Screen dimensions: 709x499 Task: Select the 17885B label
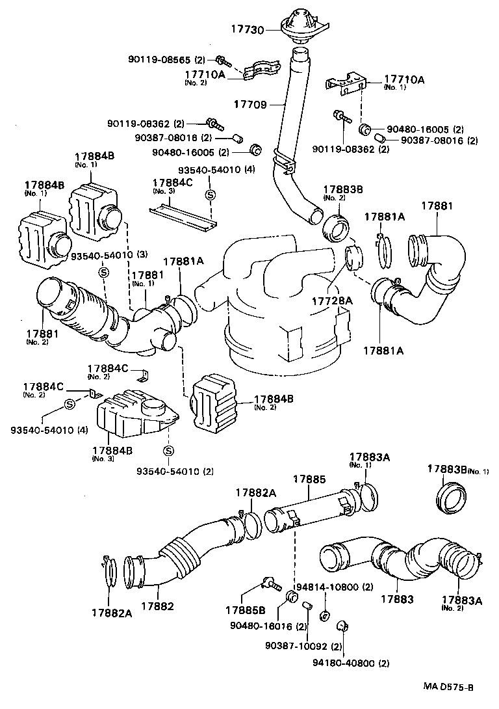[245, 609]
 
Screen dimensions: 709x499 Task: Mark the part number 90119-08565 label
[170, 60]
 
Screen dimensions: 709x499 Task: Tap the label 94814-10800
[333, 587]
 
